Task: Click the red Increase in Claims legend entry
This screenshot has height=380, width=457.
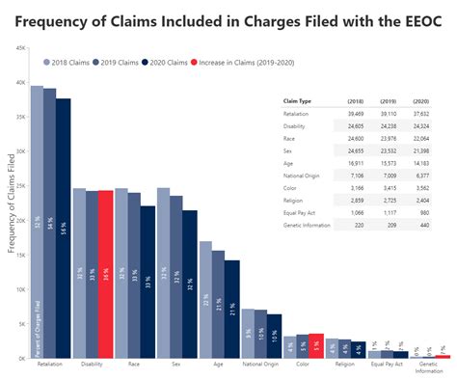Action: tap(246, 62)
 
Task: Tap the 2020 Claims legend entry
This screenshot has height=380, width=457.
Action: tap(165, 62)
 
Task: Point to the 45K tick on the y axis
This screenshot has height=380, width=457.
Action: tap(20, 48)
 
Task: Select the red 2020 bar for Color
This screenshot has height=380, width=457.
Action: tap(316, 345)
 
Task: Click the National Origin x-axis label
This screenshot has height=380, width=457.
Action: tap(261, 366)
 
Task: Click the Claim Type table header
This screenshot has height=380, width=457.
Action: tap(297, 100)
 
